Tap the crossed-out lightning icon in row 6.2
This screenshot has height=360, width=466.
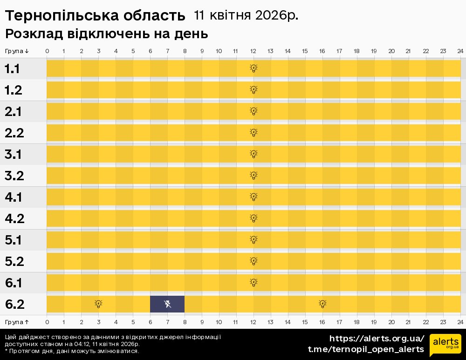(x=168, y=304)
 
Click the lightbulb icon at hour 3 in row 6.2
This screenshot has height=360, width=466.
(x=98, y=304)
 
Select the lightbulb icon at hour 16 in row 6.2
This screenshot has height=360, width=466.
(x=322, y=304)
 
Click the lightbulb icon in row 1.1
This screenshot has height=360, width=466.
(x=254, y=68)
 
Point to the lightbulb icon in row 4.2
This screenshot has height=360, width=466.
(x=254, y=218)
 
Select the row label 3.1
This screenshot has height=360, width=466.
(x=14, y=154)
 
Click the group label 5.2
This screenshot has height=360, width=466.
(x=14, y=261)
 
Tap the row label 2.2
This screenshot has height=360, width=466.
(x=14, y=133)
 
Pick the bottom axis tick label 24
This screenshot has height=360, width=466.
(x=460, y=322)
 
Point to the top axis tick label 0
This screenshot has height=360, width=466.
(x=47, y=51)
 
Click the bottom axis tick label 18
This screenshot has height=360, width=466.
(x=356, y=322)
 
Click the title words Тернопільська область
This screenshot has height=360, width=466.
(x=95, y=16)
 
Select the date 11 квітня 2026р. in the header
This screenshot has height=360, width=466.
(x=246, y=16)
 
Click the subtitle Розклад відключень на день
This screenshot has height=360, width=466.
(x=106, y=34)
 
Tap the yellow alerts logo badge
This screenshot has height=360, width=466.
(x=445, y=344)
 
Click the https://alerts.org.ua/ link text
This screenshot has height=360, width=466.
(x=377, y=339)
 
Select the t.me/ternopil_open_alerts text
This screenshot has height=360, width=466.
(x=366, y=349)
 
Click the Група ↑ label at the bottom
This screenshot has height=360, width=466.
(x=17, y=322)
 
